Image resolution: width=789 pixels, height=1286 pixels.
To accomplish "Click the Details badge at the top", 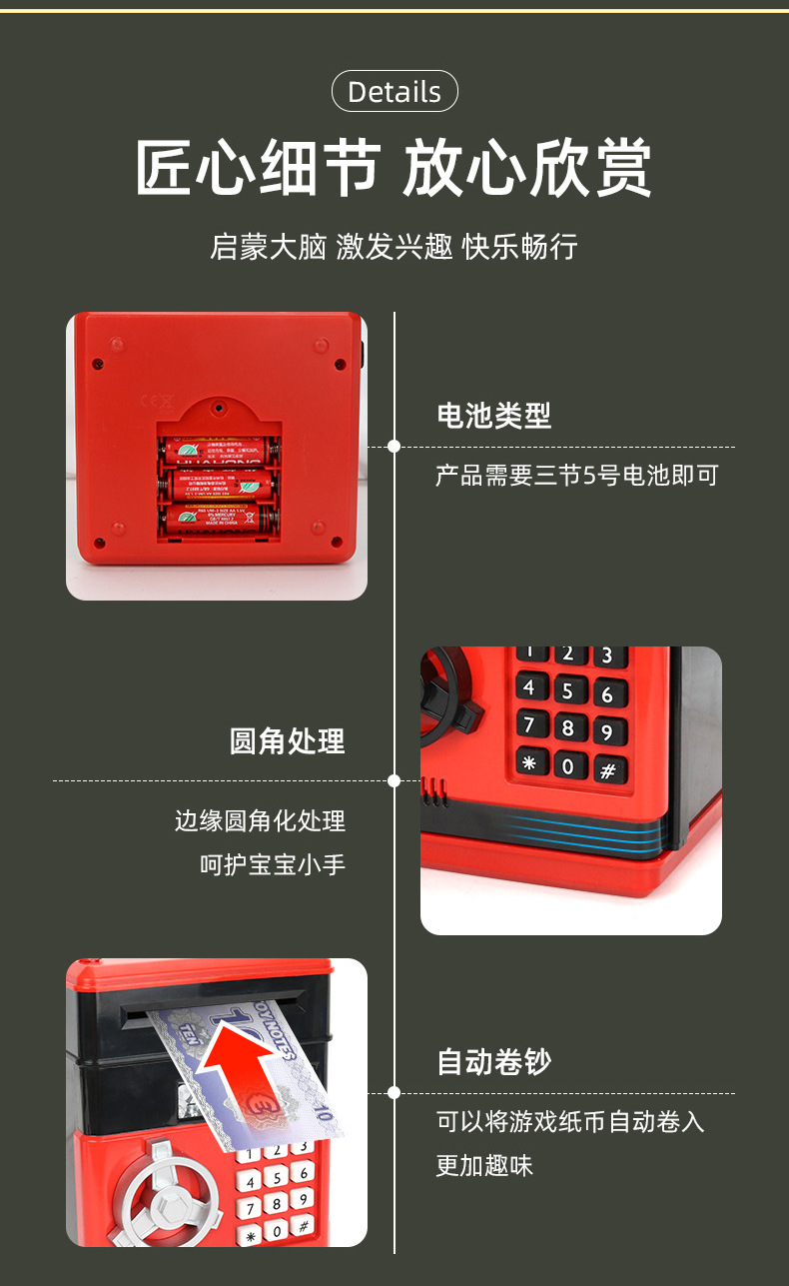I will click(x=394, y=92).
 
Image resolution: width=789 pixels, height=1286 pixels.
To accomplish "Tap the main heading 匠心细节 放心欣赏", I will click(x=394, y=168).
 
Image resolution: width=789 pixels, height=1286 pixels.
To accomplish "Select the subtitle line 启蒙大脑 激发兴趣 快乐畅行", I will click(x=394, y=247).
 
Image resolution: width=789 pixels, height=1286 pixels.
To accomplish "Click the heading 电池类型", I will click(x=493, y=416).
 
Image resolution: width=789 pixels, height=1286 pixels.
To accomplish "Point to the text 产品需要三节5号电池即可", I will click(x=576, y=476).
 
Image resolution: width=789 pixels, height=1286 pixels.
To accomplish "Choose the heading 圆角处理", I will click(x=288, y=741).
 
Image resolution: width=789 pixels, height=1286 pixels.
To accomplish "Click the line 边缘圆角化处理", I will click(x=260, y=821).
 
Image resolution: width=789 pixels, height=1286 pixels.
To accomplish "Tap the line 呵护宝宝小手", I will click(x=273, y=864).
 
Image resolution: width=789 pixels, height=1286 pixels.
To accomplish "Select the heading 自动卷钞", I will click(x=493, y=1062).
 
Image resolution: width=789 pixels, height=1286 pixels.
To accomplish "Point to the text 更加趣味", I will click(x=484, y=1165).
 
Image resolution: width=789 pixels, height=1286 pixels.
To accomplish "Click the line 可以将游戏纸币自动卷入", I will click(x=570, y=1122).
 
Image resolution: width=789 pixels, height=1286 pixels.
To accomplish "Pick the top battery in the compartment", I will click(x=217, y=450).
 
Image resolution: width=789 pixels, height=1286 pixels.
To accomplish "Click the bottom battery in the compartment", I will click(x=217, y=518).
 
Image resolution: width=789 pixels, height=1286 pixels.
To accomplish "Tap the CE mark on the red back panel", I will click(x=158, y=402).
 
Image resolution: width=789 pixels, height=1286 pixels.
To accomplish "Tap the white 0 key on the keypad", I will click(x=278, y=1229).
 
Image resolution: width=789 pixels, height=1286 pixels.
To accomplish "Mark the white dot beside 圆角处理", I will click(x=394, y=780).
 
